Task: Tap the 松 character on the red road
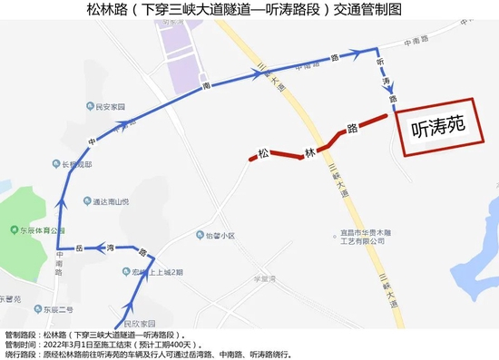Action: (x=263, y=155)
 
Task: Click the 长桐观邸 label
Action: (x=77, y=165)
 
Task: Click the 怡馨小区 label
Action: (x=220, y=235)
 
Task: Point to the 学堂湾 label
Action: (x=265, y=279)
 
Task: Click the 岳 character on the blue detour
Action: (x=80, y=247)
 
